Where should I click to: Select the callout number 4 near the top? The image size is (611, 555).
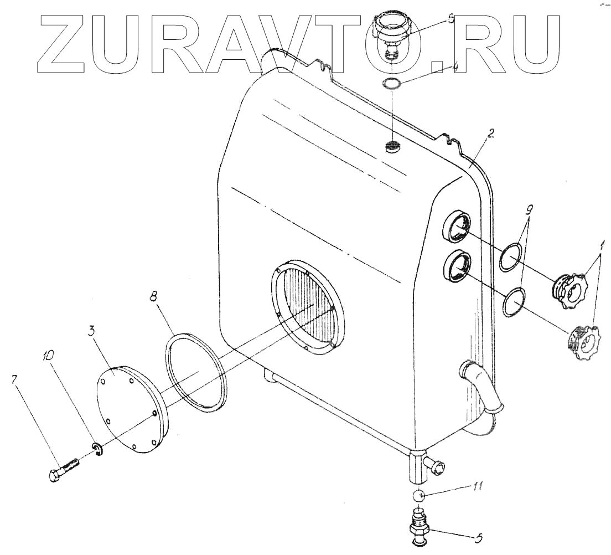[455, 68]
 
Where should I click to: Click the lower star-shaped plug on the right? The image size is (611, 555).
[581, 343]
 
